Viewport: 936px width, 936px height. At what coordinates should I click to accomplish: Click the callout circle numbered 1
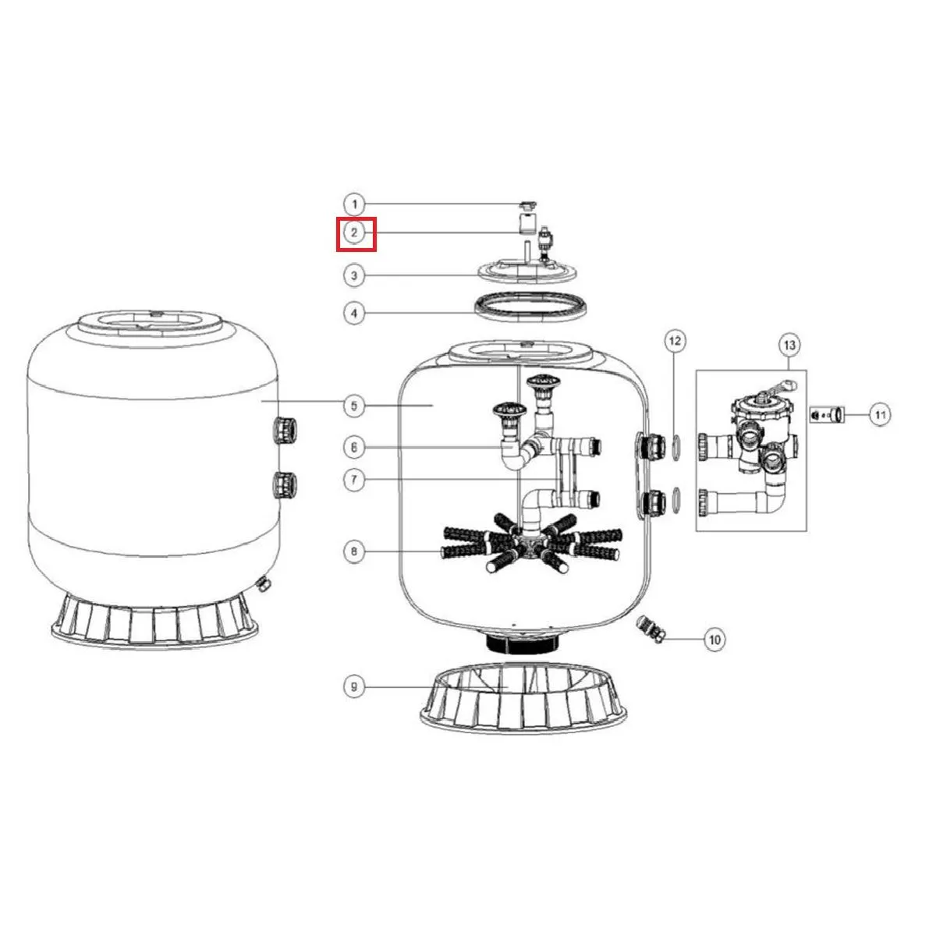354,205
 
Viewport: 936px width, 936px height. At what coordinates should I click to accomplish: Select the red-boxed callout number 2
356,233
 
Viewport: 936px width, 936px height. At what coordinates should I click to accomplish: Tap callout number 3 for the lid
354,275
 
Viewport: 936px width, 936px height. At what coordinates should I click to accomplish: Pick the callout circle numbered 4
354,314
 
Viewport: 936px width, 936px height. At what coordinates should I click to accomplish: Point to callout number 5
354,405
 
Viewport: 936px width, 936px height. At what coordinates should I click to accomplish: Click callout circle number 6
354,447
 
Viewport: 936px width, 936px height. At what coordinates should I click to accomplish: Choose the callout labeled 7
354,480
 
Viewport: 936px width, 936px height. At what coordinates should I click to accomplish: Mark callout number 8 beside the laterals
354,552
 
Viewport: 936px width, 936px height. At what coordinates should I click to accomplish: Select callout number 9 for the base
354,687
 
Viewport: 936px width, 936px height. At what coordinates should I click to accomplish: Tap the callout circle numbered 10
714,640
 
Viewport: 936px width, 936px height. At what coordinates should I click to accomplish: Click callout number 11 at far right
880,415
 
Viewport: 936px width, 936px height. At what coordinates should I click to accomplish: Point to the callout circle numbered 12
675,340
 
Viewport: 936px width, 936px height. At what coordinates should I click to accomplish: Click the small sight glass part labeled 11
828,415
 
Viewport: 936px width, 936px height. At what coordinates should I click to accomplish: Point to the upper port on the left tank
283,430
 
